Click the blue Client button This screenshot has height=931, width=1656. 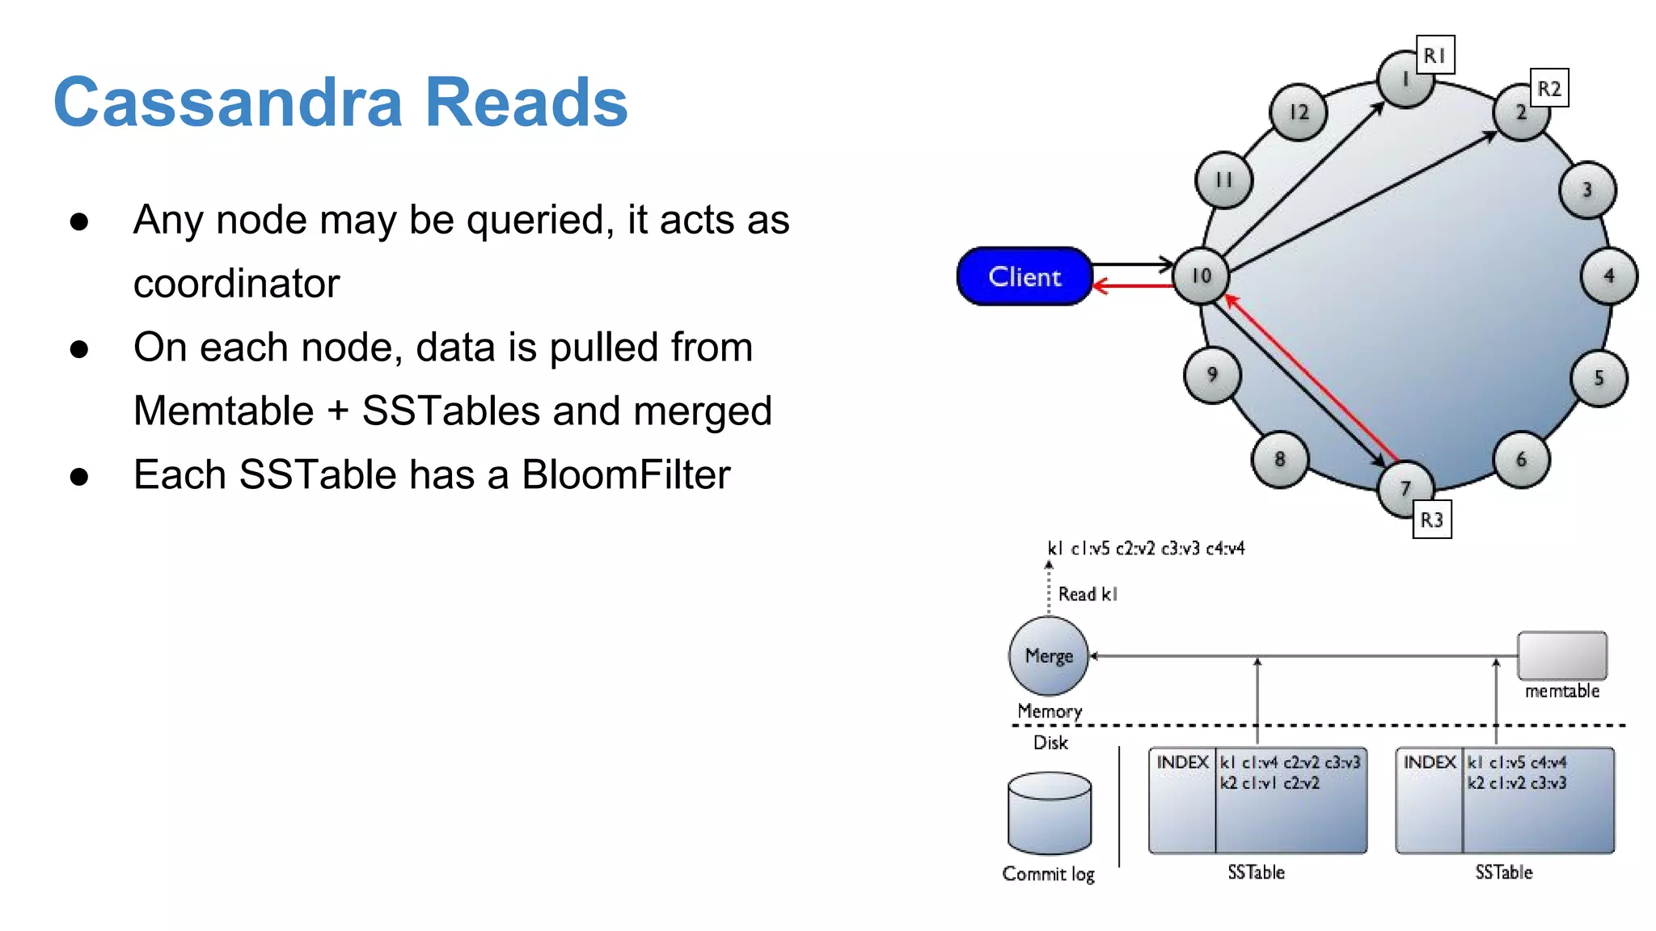click(1024, 276)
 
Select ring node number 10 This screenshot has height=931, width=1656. click(1201, 276)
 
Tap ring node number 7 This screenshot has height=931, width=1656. click(1405, 488)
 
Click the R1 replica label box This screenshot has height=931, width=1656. click(1434, 55)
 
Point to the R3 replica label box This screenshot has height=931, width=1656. click(1431, 520)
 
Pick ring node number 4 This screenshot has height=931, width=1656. click(1608, 276)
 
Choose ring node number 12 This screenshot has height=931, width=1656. click(1298, 112)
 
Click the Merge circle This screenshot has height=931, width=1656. click(1049, 655)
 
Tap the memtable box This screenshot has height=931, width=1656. click(1561, 655)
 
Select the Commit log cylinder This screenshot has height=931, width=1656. click(1050, 814)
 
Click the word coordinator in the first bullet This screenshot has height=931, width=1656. click(236, 284)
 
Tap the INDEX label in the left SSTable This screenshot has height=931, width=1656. click(1182, 762)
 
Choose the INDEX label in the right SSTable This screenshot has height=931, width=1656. click(1429, 762)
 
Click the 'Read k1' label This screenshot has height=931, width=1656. click(1088, 594)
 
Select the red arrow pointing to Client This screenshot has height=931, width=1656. click(1132, 285)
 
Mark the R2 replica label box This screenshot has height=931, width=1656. click(1548, 88)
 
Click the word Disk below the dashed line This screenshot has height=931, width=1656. click(1050, 743)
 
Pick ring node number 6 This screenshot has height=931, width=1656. click(1520, 460)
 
